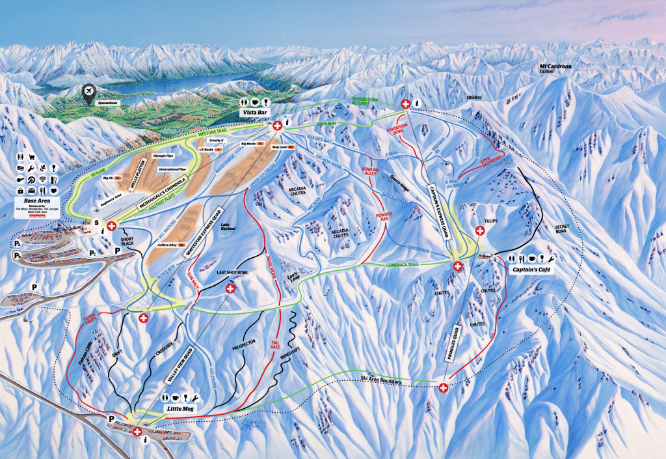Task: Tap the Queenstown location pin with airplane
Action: click(89, 92)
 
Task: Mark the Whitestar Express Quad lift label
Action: click(207, 238)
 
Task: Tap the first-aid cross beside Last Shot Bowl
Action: click(230, 288)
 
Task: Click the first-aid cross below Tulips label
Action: click(481, 230)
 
